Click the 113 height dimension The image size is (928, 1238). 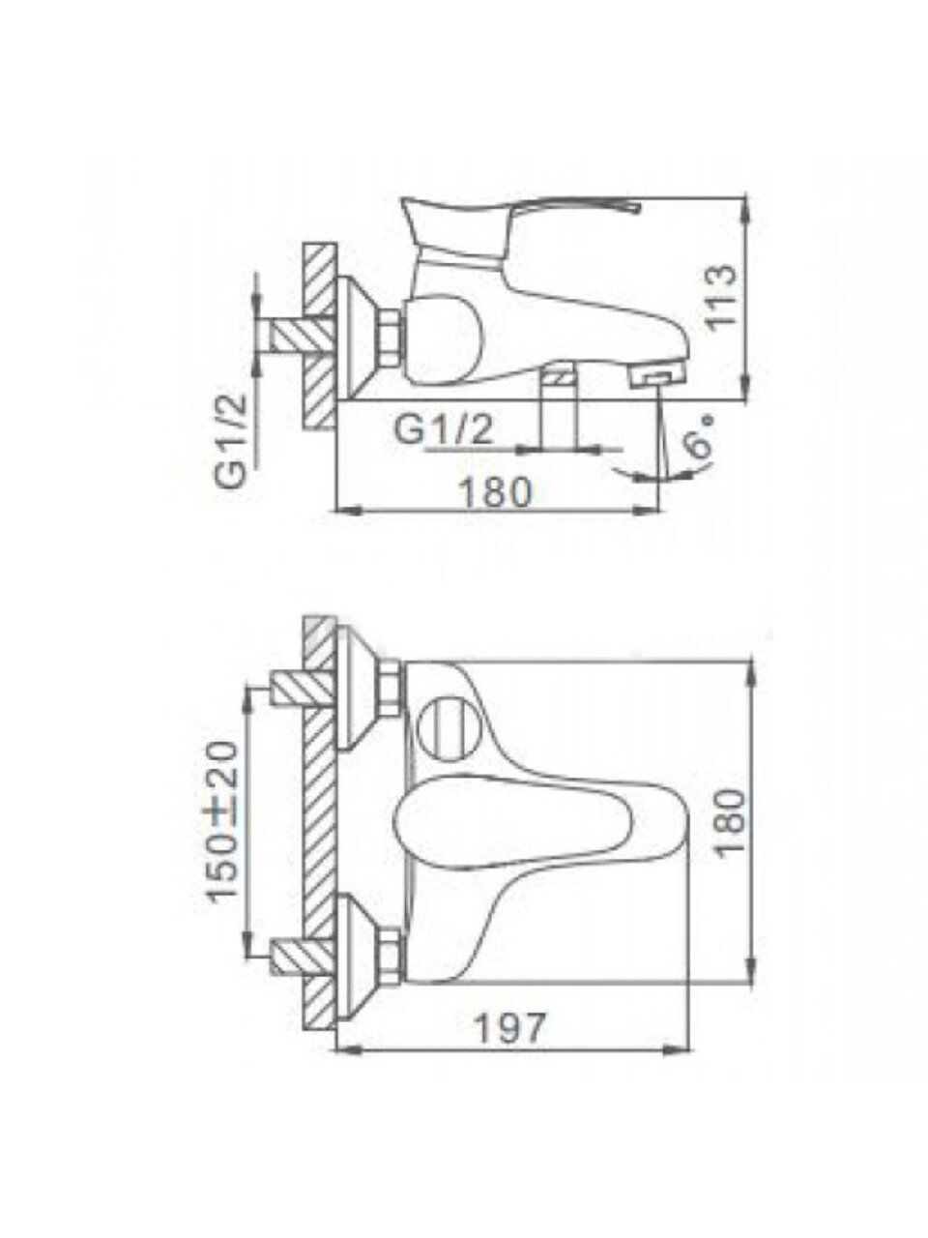tap(721, 297)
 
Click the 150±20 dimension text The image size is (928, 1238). tap(223, 820)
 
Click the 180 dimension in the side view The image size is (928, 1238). tap(497, 492)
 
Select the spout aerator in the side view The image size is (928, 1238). tap(656, 376)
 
